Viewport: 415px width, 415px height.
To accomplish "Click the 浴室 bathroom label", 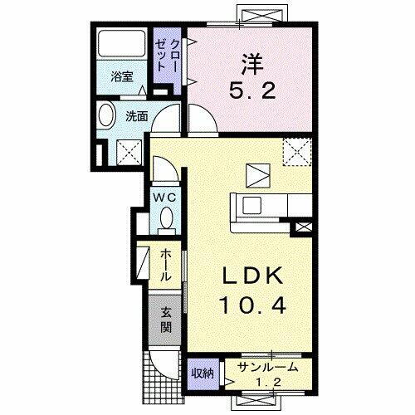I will (122, 77).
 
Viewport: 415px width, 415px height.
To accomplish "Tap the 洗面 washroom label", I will (137, 117).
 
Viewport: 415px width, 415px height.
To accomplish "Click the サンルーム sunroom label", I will (264, 368).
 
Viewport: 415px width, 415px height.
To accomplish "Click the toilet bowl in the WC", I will (166, 219).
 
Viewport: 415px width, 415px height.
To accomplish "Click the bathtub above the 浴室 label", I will (121, 48).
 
